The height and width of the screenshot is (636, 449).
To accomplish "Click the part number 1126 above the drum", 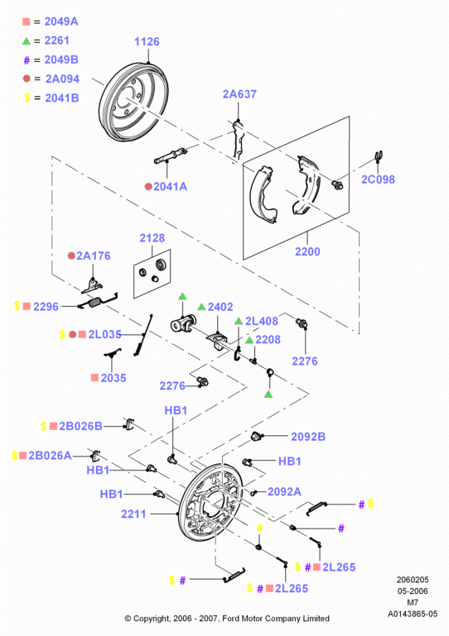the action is point(147,41).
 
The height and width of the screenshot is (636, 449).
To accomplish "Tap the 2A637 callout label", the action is point(239,94).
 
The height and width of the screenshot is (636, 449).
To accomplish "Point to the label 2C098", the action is point(378,179).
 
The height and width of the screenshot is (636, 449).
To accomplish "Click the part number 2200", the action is point(307,251).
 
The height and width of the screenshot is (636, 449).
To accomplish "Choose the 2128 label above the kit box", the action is point(152,238).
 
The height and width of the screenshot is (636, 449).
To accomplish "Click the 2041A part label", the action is point(171,187).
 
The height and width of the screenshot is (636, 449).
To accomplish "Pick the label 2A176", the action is point(94,256).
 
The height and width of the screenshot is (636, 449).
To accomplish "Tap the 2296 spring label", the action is point(46,307).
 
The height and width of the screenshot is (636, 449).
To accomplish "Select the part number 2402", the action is point(220,307).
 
